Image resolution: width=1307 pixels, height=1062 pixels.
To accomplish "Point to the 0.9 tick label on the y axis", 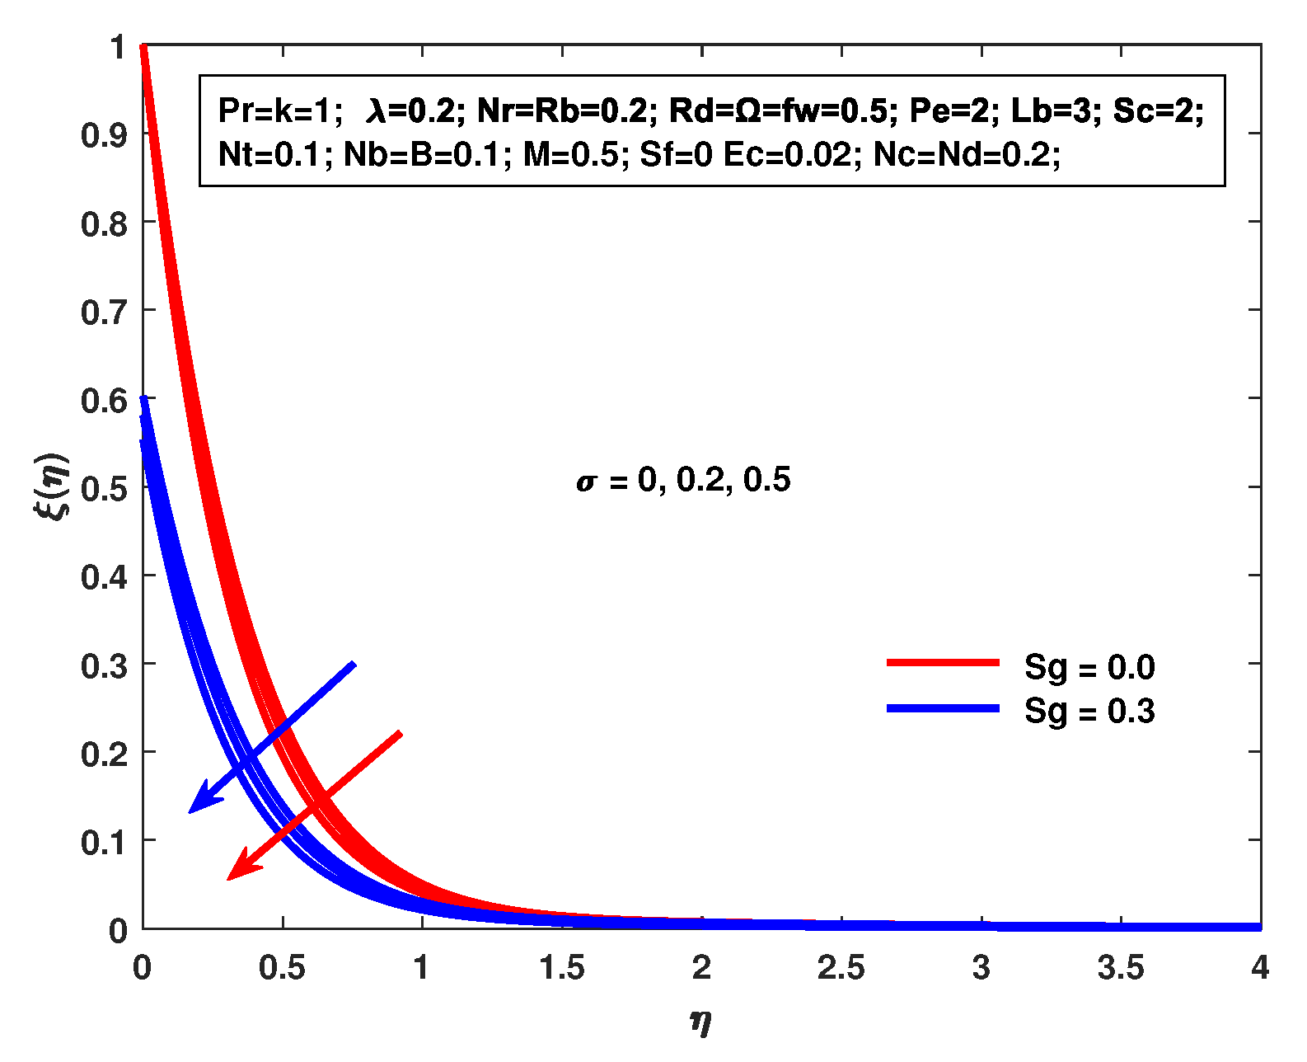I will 104,134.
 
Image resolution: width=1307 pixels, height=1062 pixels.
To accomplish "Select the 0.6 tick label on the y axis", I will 104,399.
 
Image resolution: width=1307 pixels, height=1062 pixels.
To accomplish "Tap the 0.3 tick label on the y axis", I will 104,665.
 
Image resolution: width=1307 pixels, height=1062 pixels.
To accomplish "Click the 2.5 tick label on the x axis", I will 841,968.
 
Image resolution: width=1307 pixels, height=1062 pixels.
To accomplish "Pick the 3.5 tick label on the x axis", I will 1121,968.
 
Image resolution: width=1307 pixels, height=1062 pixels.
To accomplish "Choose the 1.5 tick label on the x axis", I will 562,968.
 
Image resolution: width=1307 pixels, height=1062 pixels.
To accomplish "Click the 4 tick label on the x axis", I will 1260,968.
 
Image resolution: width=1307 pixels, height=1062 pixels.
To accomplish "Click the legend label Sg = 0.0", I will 1089,667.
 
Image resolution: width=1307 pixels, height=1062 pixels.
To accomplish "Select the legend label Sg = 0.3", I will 1089,711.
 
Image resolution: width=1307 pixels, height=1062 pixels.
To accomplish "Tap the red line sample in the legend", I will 943,663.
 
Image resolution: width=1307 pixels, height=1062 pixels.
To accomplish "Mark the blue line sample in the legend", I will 943,708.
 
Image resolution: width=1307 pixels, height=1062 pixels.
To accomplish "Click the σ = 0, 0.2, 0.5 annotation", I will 683,480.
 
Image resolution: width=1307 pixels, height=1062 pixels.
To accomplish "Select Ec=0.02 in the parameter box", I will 787,154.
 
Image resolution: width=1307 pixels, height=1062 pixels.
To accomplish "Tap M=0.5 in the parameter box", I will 570,154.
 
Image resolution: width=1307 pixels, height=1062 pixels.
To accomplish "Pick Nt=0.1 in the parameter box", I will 268,154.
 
